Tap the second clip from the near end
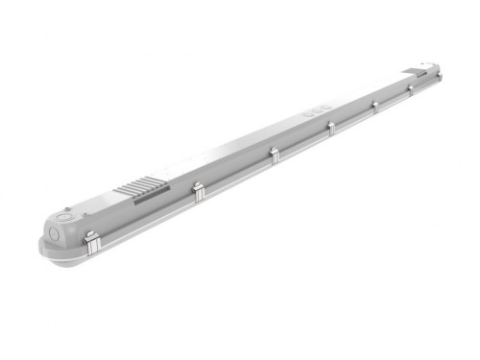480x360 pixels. click(x=198, y=190)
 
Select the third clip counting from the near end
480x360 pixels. click(x=274, y=155)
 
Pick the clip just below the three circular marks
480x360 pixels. click(x=329, y=129)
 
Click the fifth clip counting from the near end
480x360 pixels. click(x=372, y=108)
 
